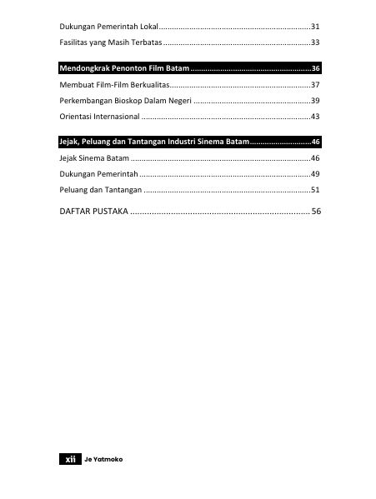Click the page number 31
pyautogui.click(x=315, y=26)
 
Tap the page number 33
pyautogui.click(x=315, y=41)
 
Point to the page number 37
pyautogui.click(x=315, y=85)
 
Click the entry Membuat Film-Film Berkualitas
pyautogui.click(x=109, y=85)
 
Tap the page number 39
pyautogui.click(x=315, y=100)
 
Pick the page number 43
pyautogui.click(x=315, y=116)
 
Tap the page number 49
pyautogui.click(x=315, y=173)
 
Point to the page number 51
pyautogui.click(x=315, y=190)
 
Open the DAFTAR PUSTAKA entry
pyautogui.click(x=93, y=212)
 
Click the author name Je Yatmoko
pyautogui.click(x=103, y=459)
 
